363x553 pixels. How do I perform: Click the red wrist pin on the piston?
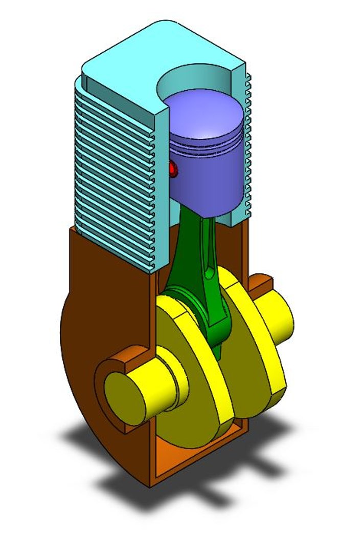[173, 169]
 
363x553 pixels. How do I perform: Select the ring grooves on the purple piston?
[205, 151]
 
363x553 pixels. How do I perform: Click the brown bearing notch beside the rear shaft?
[261, 281]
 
